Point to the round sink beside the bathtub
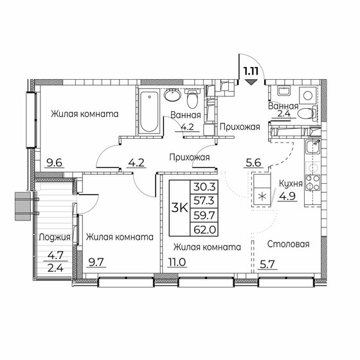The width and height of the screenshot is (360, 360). coord(172,96)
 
